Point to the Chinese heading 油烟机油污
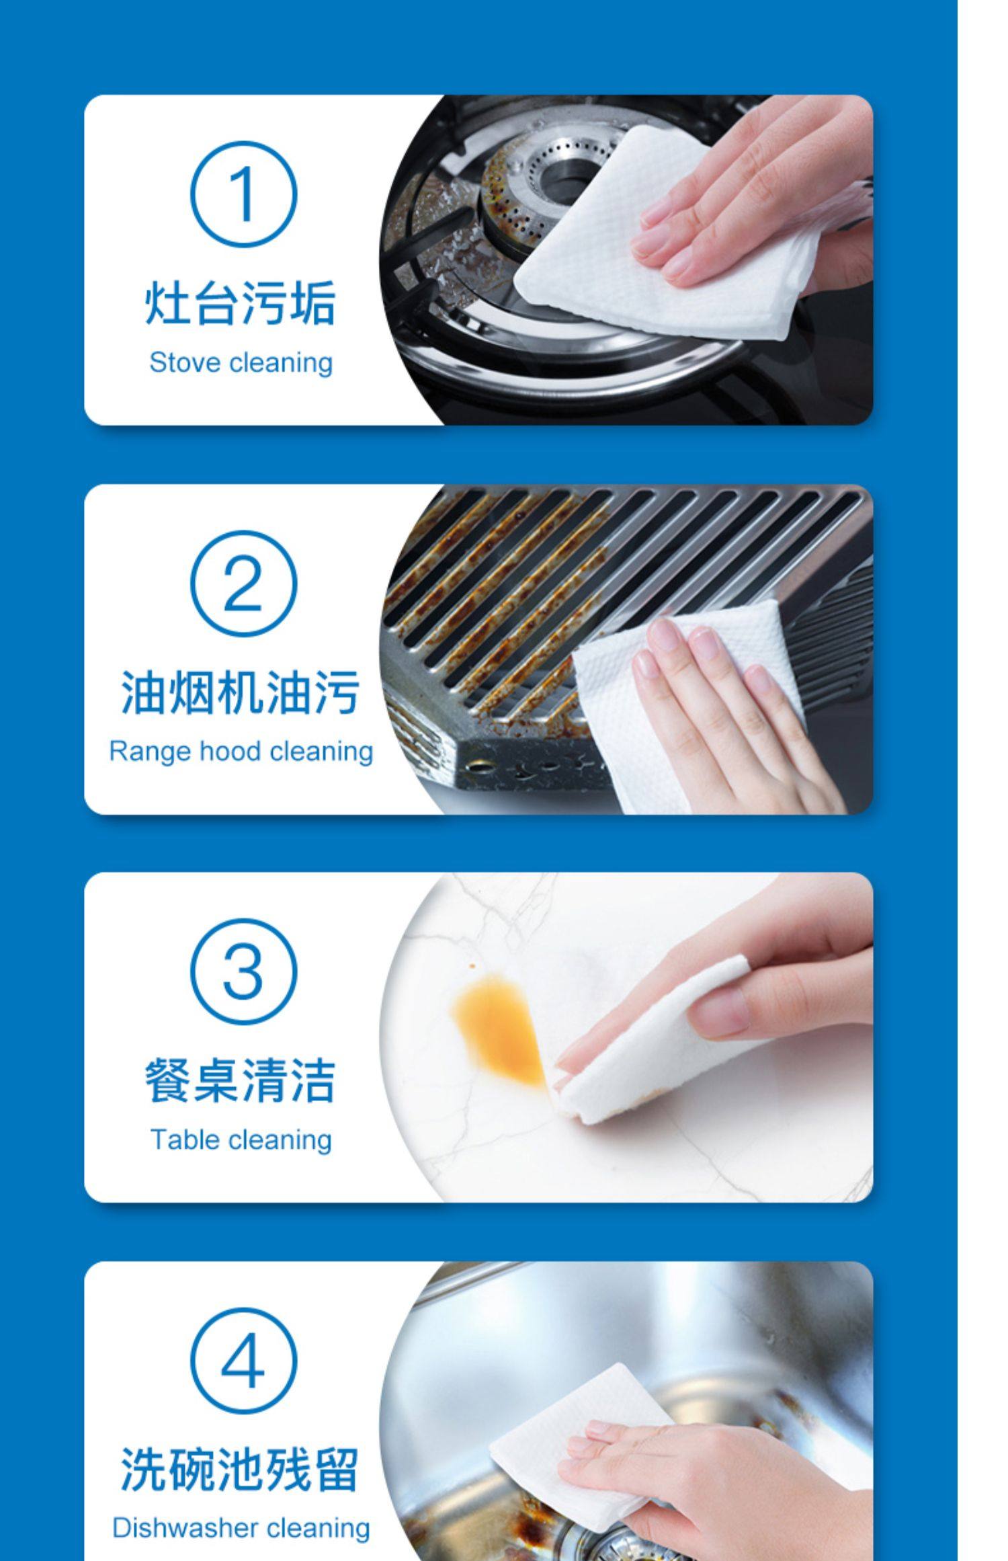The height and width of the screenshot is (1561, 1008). coord(241,692)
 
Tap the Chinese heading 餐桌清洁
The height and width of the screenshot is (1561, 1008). coord(241,1081)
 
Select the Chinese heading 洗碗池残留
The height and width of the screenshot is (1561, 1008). coord(241,1470)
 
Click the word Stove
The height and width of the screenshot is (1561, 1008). coord(186,363)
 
